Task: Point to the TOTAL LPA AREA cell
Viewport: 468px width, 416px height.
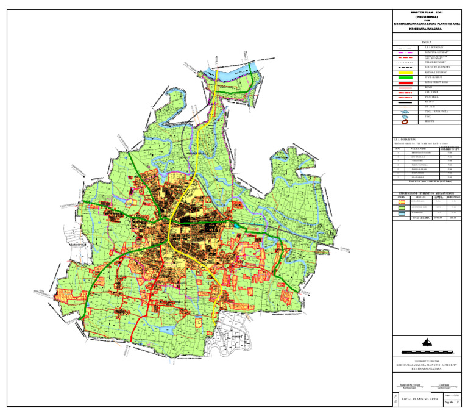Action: click(418, 218)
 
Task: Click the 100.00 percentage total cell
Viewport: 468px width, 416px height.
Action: click(452, 218)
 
